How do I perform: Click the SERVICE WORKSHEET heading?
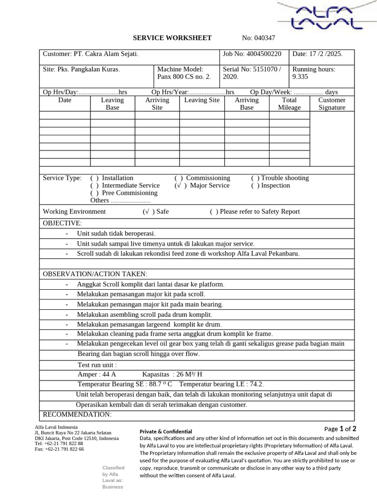click(172, 38)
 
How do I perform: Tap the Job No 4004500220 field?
click(252, 53)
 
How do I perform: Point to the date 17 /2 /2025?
click(317, 53)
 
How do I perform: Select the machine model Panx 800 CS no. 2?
click(184, 77)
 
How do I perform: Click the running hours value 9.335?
click(301, 77)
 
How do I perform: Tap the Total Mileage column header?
click(289, 103)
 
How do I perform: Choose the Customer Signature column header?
click(332, 103)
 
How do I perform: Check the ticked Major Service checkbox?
click(180, 185)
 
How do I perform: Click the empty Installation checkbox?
click(94, 178)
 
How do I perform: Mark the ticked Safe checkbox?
click(147, 211)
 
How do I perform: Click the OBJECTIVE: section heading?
click(63, 223)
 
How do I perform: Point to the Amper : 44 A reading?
click(97, 374)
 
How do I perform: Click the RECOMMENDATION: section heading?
click(78, 415)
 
